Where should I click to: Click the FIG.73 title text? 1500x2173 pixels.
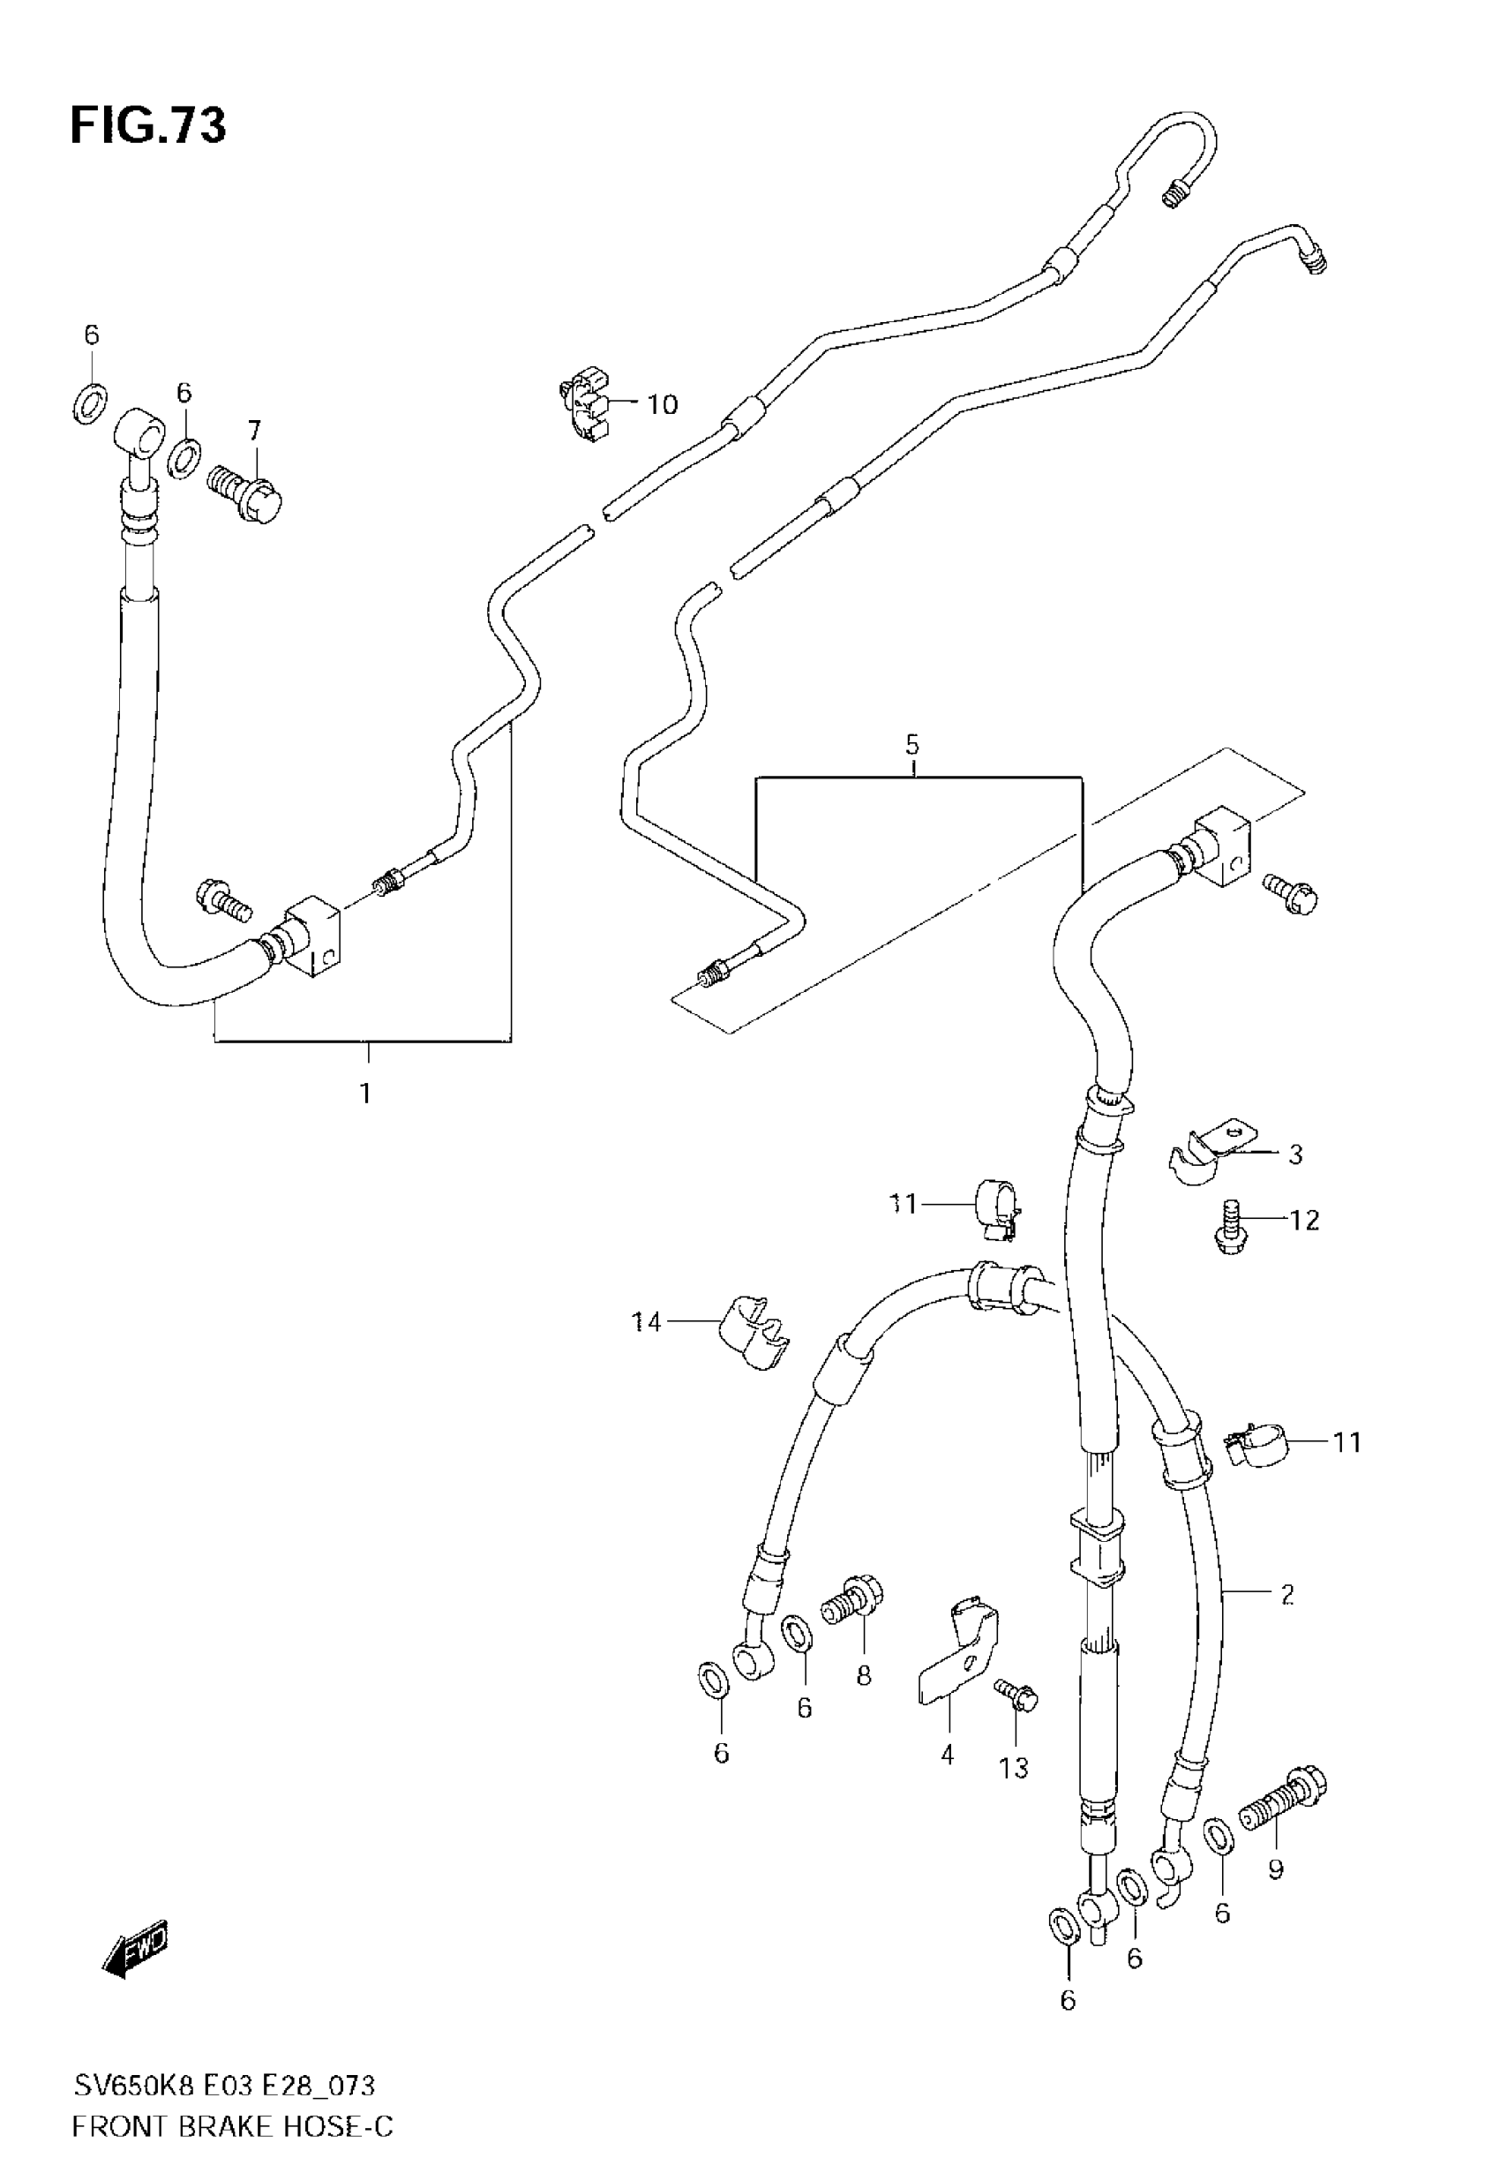pyautogui.click(x=147, y=125)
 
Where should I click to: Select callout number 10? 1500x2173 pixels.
pyautogui.click(x=662, y=404)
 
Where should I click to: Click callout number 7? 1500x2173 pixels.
pyautogui.click(x=254, y=432)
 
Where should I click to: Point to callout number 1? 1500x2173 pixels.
pyautogui.click(x=364, y=1093)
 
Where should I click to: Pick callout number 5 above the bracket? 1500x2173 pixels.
pyautogui.click(x=911, y=745)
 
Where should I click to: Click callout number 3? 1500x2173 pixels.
pyautogui.click(x=1295, y=1154)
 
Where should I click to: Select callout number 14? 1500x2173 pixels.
pyautogui.click(x=646, y=1322)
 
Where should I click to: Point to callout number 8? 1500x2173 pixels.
pyautogui.click(x=863, y=1675)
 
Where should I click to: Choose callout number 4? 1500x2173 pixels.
pyautogui.click(x=948, y=1754)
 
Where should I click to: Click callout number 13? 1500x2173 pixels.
pyautogui.click(x=1014, y=1768)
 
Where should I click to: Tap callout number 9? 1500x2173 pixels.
pyautogui.click(x=1275, y=1869)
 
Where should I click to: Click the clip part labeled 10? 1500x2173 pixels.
pyautogui.click(x=582, y=406)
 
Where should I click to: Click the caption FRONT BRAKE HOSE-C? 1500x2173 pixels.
pyautogui.click(x=232, y=2127)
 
